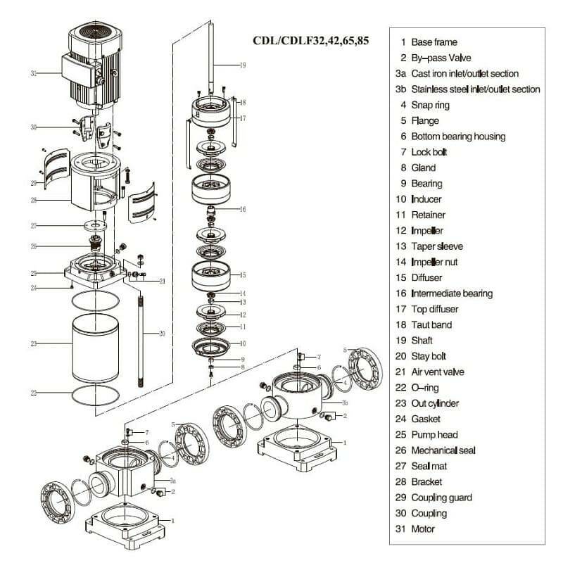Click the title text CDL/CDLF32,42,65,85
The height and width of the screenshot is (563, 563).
click(310, 39)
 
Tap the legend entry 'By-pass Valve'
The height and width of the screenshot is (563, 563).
click(441, 58)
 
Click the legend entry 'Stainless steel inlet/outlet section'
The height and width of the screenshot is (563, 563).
click(475, 89)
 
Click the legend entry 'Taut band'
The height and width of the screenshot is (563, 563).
click(431, 325)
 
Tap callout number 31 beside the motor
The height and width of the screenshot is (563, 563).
click(33, 72)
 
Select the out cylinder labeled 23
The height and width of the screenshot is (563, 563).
click(95, 345)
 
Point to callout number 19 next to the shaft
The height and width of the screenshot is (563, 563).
click(242, 65)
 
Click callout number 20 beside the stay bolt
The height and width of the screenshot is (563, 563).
click(162, 334)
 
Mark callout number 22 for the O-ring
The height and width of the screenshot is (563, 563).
click(33, 392)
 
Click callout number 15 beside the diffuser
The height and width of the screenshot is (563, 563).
click(242, 275)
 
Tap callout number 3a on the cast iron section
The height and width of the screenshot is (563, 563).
click(172, 480)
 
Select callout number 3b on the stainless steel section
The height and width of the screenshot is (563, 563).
click(345, 403)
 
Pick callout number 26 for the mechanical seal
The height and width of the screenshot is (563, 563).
click(33, 246)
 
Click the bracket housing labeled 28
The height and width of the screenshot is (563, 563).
click(95, 183)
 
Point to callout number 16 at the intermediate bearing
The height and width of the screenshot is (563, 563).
click(242, 209)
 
